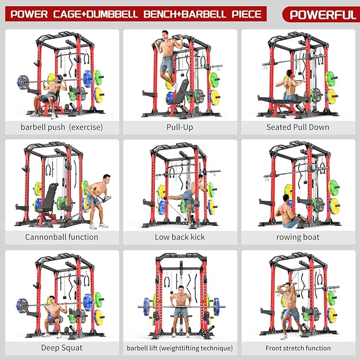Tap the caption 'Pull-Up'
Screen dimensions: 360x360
(180, 127)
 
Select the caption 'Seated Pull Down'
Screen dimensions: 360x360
(297, 127)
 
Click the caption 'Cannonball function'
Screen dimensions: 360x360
(62, 237)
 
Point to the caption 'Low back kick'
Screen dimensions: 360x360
(180, 237)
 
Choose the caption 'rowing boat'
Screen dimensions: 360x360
(297, 237)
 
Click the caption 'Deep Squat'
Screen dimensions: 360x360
(62, 348)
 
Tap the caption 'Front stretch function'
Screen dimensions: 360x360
(298, 348)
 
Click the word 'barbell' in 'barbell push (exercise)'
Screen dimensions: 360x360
(35, 127)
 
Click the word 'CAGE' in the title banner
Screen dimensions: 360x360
(64, 13)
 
